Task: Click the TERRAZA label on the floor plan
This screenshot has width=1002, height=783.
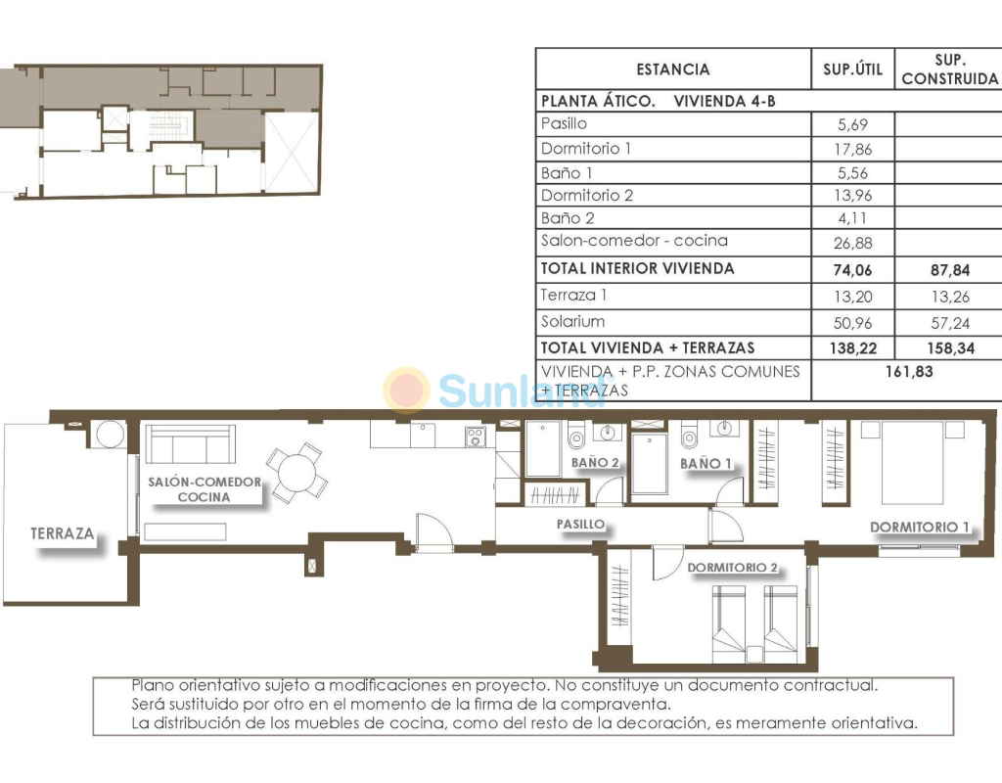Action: pos(62,533)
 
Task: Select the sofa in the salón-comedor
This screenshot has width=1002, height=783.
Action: pos(191,443)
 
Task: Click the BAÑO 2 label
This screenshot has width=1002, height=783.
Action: pos(595,462)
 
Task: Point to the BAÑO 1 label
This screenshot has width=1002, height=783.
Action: pos(706,463)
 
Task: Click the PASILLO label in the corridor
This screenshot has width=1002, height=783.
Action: pos(580,525)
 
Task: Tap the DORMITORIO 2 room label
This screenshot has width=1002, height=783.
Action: pos(732,567)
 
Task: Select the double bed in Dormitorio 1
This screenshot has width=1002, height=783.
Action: pos(913,463)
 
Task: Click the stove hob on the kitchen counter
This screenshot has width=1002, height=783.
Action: pos(475,437)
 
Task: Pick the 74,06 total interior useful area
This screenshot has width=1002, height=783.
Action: pos(852,270)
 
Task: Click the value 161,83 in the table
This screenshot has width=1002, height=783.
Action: pos(909,371)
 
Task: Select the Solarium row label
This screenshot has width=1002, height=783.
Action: pos(572,321)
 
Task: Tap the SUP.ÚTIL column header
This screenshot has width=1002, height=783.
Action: pos(852,69)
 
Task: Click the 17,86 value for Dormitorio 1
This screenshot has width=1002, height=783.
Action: pos(852,149)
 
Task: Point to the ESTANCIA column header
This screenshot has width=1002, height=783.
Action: pos(673,69)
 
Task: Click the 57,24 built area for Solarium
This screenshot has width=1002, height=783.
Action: pos(950,323)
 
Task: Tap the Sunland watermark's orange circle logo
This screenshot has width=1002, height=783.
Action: pos(406,390)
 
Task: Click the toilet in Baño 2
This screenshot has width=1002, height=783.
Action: pos(576,436)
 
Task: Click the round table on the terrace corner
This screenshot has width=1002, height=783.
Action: pos(111,434)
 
